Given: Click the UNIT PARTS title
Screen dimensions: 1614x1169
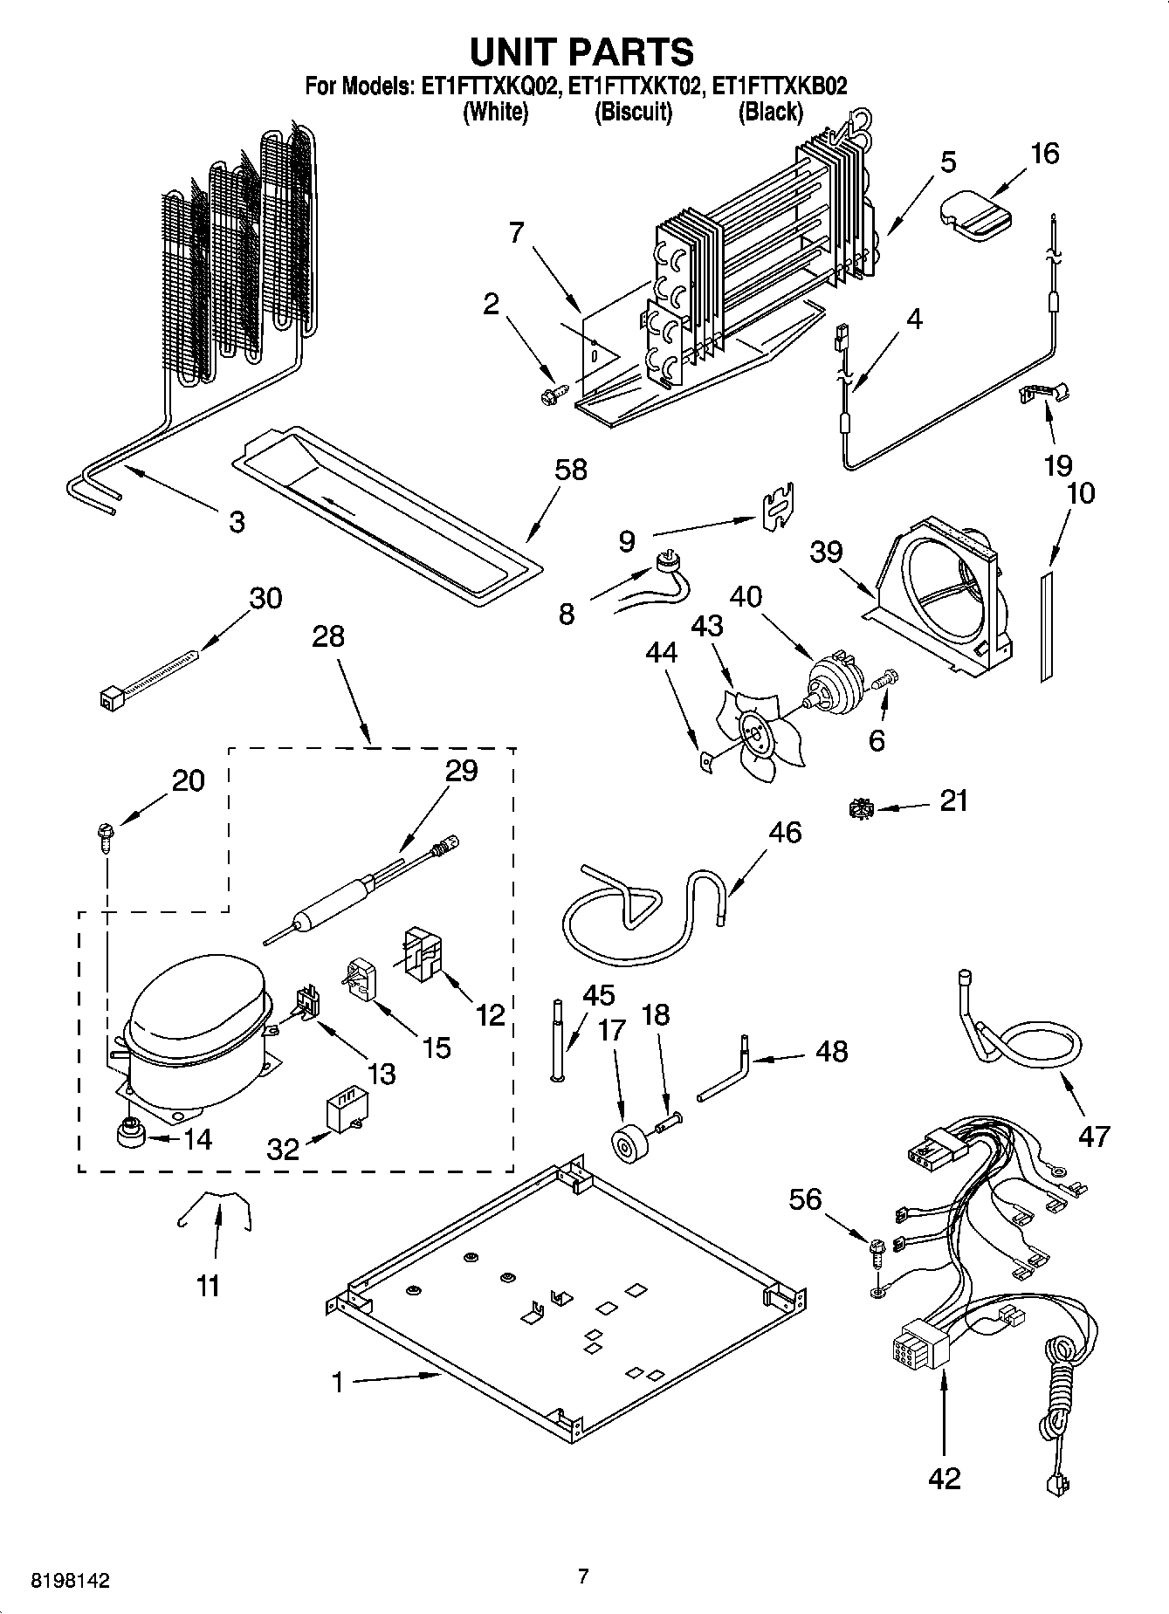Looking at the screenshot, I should [x=582, y=52].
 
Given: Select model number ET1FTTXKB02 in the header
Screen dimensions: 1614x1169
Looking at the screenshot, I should [x=780, y=86].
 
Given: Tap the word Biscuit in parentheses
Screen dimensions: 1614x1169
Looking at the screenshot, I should [x=633, y=112].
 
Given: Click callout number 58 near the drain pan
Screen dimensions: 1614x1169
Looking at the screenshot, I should [x=571, y=470].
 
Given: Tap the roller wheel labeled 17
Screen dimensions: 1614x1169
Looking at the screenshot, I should [x=625, y=1144].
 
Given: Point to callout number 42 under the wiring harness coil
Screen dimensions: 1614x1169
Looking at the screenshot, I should [x=944, y=1478].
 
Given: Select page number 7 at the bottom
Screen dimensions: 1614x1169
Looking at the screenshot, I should [x=583, y=1576].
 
